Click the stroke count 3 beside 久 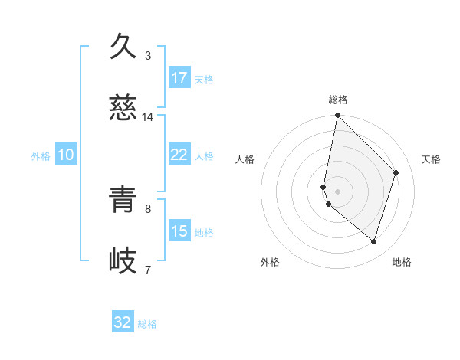click(148, 55)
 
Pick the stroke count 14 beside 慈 click(148, 117)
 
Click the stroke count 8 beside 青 click(148, 208)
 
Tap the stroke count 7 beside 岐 click(148, 270)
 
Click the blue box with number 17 click(179, 78)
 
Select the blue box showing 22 click(179, 155)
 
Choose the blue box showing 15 click(179, 231)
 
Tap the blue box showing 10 click(66, 155)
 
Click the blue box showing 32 click(123, 322)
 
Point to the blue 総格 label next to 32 click(147, 324)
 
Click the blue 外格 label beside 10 click(41, 156)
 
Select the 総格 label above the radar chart click(338, 100)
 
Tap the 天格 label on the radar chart click(431, 159)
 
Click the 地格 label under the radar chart click(402, 262)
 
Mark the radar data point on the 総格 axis click(338, 116)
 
